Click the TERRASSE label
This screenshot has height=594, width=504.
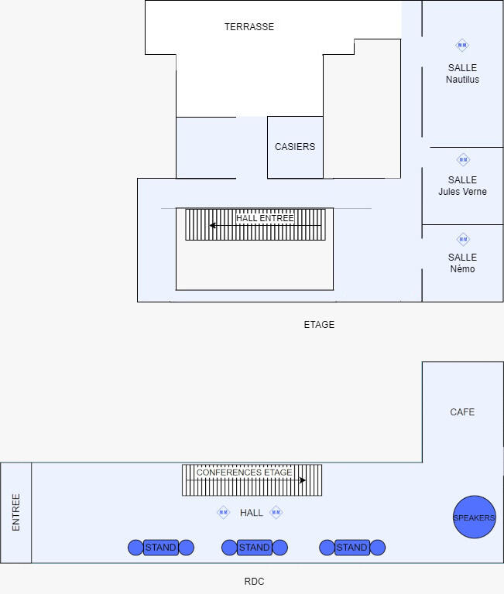point(249,27)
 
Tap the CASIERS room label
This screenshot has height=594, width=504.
point(295,147)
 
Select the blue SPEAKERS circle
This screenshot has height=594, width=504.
point(474,517)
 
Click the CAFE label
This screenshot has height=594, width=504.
point(462,412)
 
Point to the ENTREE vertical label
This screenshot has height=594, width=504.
point(15,512)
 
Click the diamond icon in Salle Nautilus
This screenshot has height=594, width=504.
point(462,45)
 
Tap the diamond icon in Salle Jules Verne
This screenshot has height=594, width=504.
point(463,160)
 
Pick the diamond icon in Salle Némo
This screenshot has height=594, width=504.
point(463,239)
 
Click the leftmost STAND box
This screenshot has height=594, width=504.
point(161,548)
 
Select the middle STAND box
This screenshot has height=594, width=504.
point(254,548)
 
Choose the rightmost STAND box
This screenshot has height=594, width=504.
point(351,548)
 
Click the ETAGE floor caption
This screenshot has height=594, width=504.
point(319,325)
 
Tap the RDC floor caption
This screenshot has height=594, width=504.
point(254,582)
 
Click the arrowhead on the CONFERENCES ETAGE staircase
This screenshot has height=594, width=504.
point(303,480)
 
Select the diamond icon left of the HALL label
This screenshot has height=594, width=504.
point(223,512)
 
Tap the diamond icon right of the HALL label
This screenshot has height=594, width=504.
point(276,512)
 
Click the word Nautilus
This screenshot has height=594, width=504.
point(462,80)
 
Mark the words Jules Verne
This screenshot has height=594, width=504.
point(462,192)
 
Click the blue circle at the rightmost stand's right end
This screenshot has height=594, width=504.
point(378,548)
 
